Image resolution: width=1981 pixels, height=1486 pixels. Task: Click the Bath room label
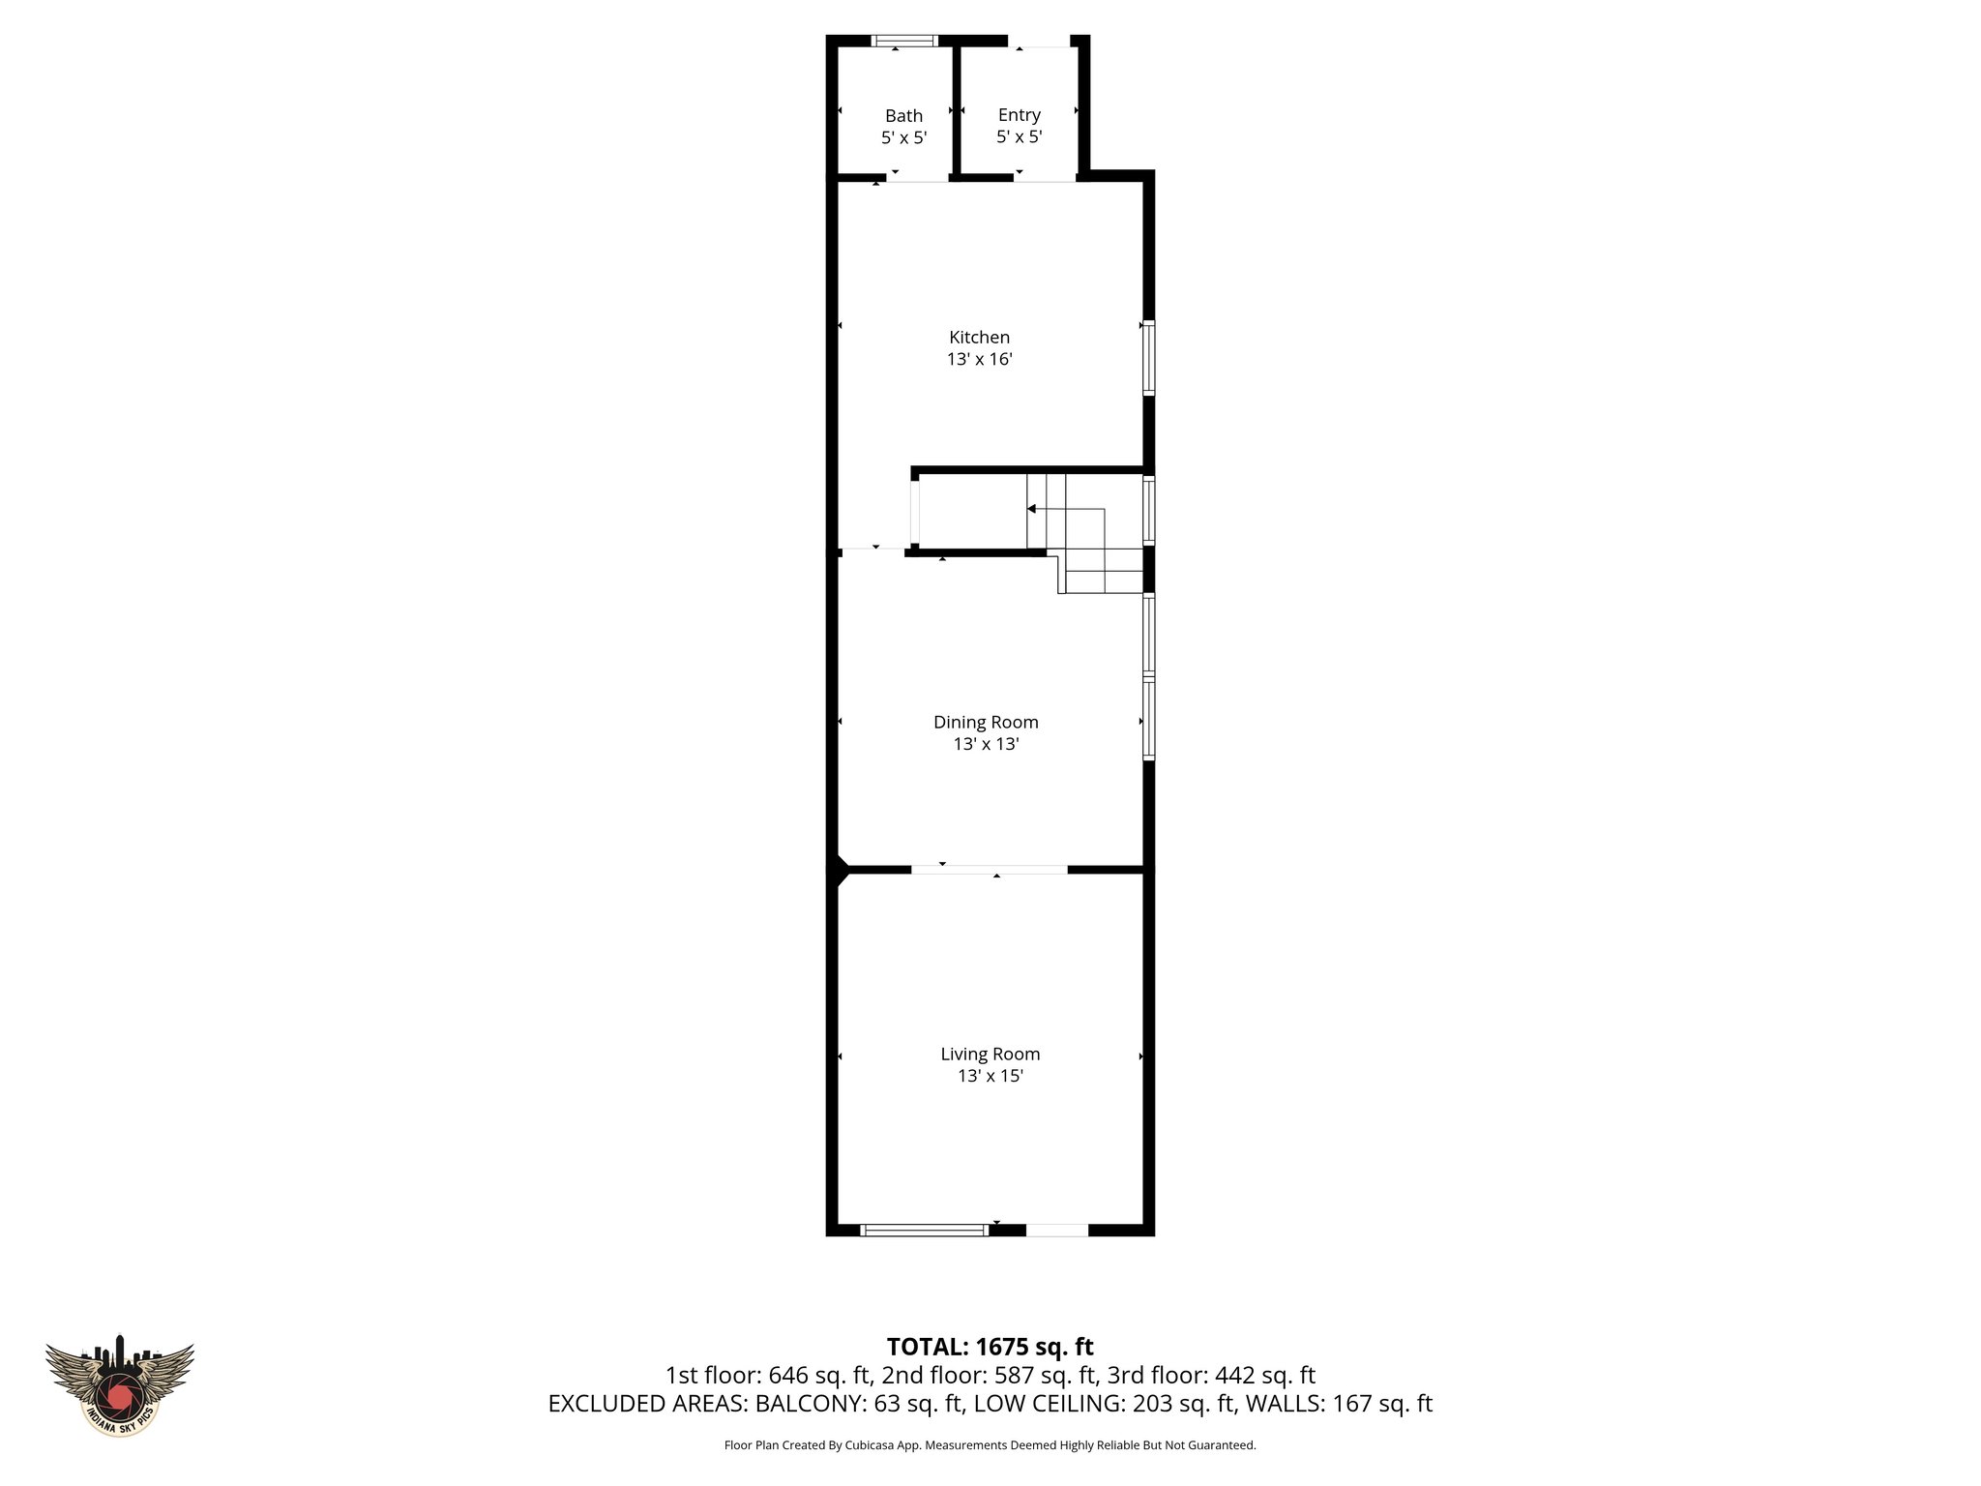[903, 116]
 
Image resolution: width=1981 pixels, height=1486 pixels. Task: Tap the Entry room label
[1019, 115]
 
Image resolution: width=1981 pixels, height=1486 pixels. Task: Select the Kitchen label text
[979, 338]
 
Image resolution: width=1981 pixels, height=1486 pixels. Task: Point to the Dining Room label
[986, 722]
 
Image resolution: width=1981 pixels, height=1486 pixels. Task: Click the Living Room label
[990, 1054]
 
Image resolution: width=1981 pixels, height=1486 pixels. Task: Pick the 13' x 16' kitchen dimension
[979, 360]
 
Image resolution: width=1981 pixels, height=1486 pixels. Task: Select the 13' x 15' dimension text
[990, 1076]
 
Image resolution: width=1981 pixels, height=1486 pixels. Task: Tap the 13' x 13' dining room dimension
[986, 744]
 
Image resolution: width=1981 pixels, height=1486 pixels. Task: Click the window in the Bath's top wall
[903, 41]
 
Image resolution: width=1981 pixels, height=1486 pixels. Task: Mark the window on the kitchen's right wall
[1148, 357]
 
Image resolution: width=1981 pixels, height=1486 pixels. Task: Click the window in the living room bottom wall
[924, 1230]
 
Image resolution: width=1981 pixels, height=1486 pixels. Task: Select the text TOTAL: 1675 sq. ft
[990, 1347]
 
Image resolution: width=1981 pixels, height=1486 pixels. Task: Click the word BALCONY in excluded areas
[811, 1404]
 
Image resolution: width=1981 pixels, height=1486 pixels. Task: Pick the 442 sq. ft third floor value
[1265, 1375]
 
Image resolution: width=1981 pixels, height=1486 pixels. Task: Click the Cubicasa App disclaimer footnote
[990, 1445]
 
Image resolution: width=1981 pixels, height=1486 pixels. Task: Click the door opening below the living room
[1056, 1230]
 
